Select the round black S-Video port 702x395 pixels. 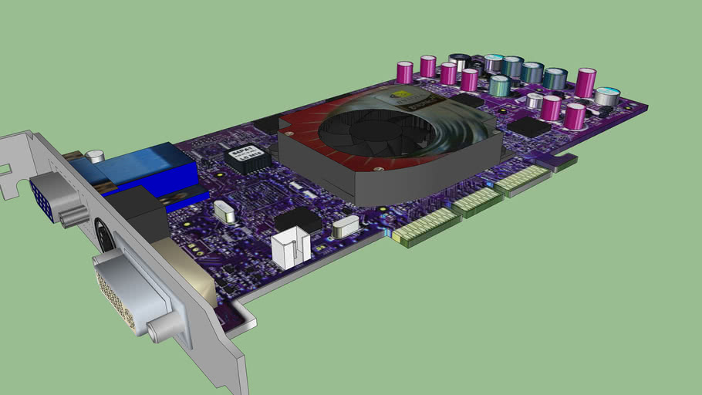pyautogui.click(x=103, y=231)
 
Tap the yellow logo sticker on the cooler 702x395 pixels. pyautogui.click(x=401, y=99)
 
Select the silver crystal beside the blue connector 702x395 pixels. pyautogui.click(x=224, y=210)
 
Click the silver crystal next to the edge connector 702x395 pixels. pyautogui.click(x=347, y=225)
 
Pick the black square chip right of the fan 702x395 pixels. pyautogui.click(x=529, y=127)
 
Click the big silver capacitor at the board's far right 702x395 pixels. pyautogui.click(x=606, y=97)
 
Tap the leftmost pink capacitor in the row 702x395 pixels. pyautogui.click(x=404, y=73)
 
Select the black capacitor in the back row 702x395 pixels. pyautogui.click(x=461, y=62)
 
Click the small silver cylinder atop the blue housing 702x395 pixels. pyautogui.click(x=94, y=157)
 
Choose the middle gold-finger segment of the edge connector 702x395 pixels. pyautogui.click(x=478, y=201)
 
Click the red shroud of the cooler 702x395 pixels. pyautogui.click(x=301, y=127)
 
